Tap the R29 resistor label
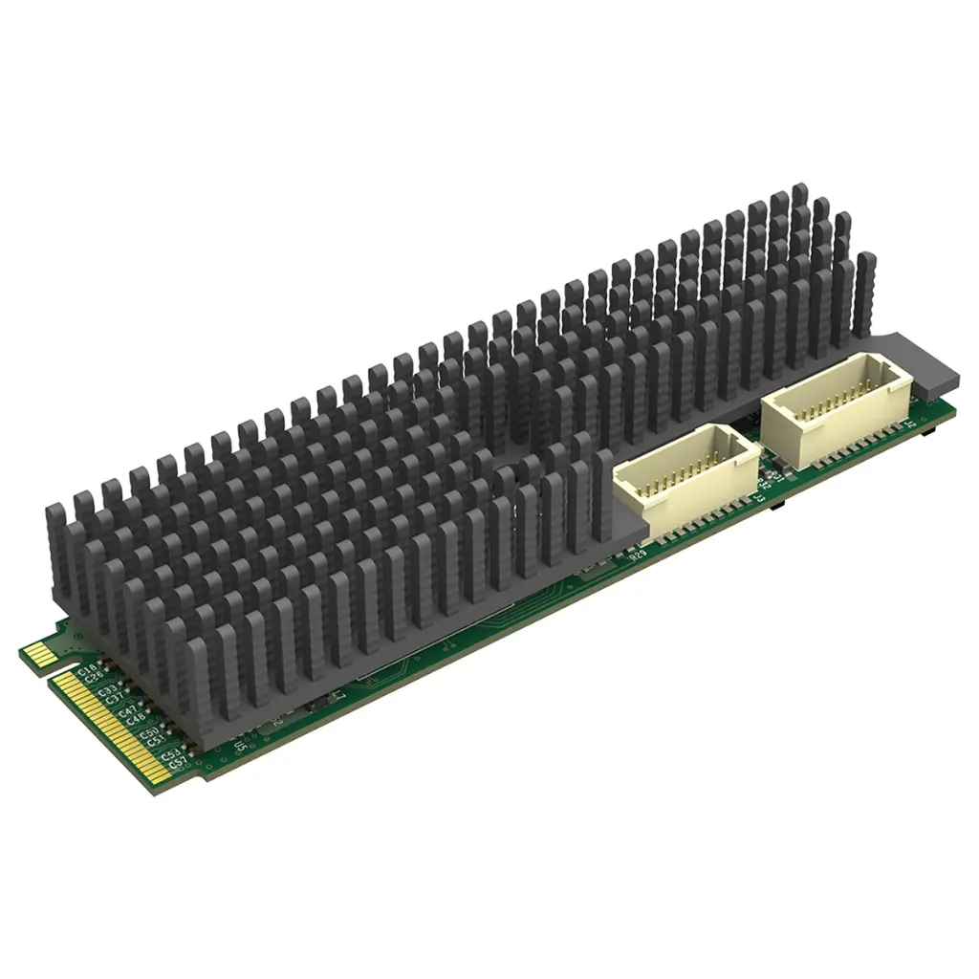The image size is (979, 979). coord(638,556)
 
